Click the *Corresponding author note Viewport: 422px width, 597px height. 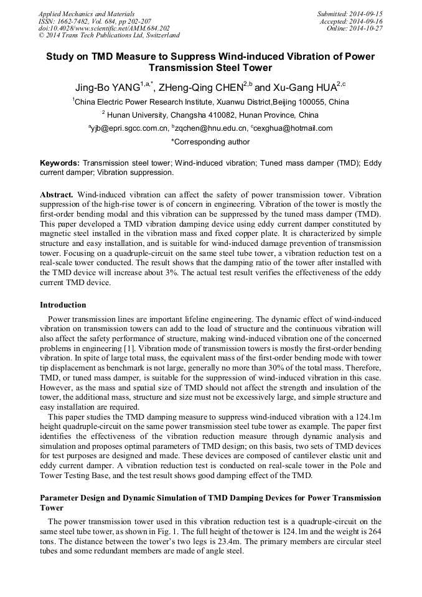pyautogui.click(x=210, y=142)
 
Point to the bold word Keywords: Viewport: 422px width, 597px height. pyautogui.click(x=60, y=162)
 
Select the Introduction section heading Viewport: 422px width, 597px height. pyautogui.click(x=63, y=305)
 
